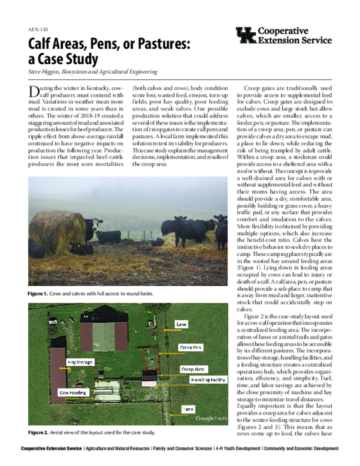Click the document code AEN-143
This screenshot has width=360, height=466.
(38, 29)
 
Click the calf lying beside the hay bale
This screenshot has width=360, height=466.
(81, 248)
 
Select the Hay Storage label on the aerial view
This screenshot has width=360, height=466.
(80, 362)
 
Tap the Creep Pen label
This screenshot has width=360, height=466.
(191, 347)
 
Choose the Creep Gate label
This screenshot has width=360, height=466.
(194, 369)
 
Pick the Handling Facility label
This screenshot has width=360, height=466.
(208, 380)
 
